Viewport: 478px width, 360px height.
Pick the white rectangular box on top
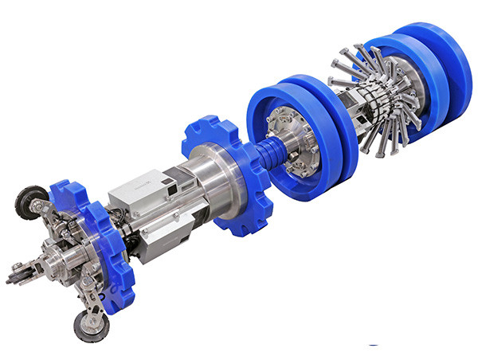pos(147,191)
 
